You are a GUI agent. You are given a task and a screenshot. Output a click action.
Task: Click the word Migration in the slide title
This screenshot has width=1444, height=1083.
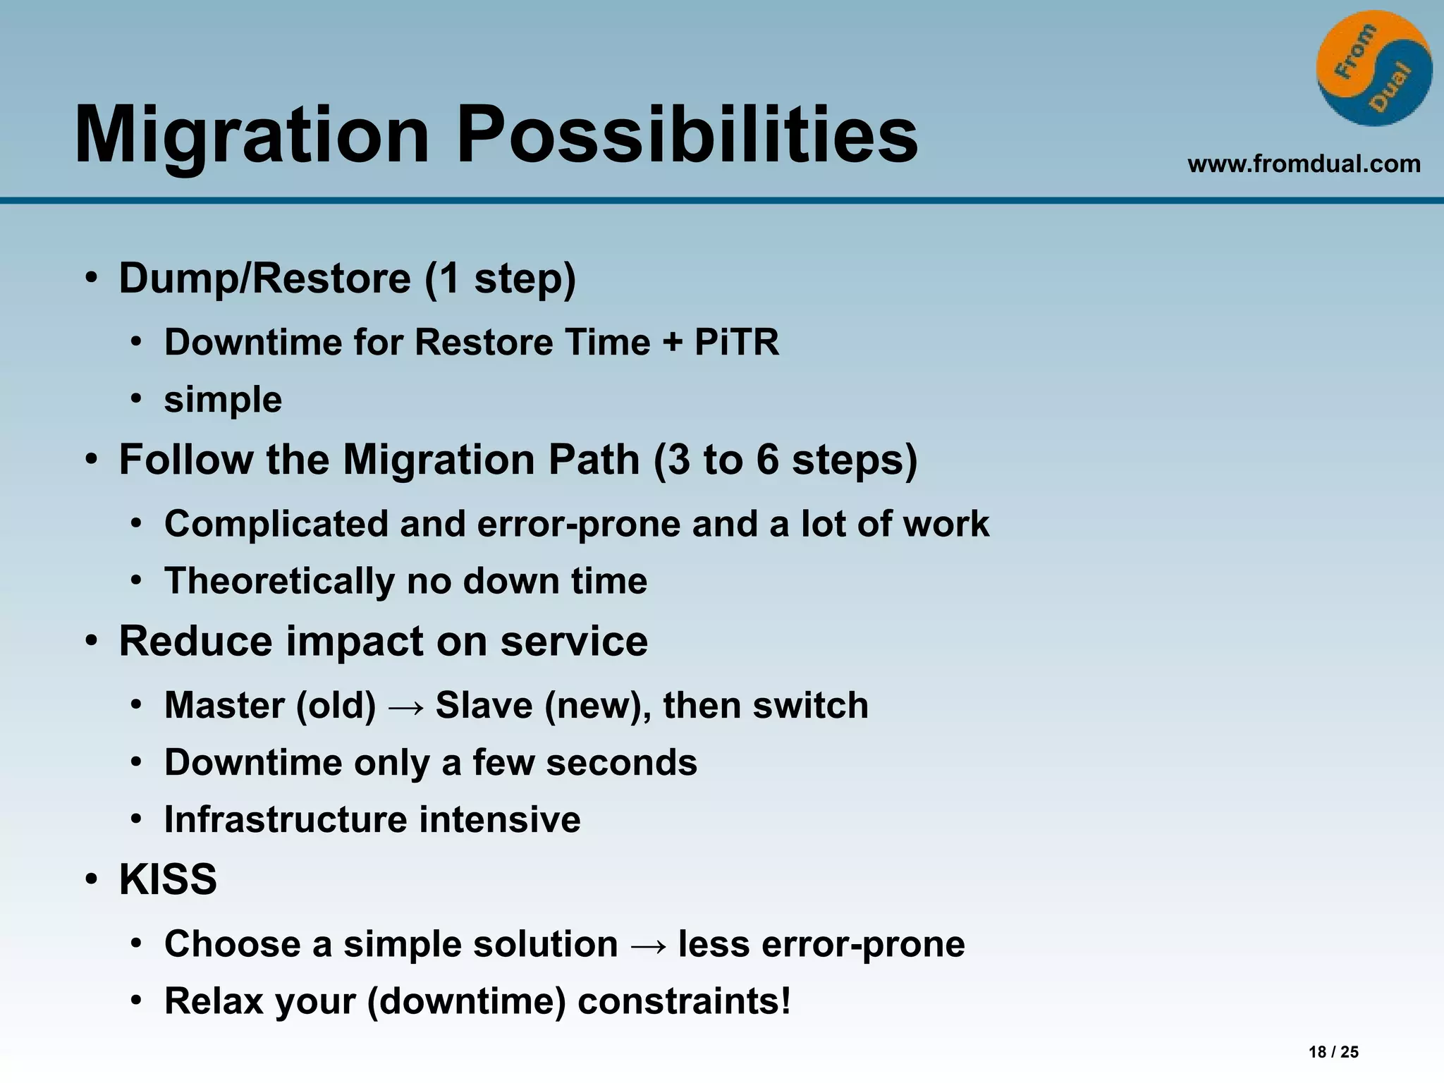[x=252, y=135]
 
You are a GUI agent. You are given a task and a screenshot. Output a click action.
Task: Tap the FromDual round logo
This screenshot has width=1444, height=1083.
[x=1373, y=69]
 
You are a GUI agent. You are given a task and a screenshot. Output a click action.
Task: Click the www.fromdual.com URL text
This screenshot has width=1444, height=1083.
[x=1304, y=164]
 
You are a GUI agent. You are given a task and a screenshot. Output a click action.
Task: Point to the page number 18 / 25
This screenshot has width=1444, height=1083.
[x=1333, y=1052]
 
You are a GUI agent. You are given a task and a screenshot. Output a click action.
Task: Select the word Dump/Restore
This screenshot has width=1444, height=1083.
[x=264, y=278]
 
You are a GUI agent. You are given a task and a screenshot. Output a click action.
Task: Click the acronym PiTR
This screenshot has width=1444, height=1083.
[x=737, y=342]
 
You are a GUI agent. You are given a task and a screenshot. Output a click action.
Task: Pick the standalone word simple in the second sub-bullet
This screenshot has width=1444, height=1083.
[x=223, y=400]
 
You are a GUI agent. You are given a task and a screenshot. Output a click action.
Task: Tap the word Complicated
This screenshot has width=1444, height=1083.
[x=276, y=524]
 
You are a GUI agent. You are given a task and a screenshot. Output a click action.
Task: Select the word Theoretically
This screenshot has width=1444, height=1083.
[x=279, y=581]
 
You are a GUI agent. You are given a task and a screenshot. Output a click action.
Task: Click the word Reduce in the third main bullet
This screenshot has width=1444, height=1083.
[x=195, y=641]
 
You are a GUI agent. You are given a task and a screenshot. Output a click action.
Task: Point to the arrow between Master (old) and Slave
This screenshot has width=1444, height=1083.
[x=406, y=706]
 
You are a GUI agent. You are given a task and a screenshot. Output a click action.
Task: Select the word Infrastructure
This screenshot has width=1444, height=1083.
[x=286, y=819]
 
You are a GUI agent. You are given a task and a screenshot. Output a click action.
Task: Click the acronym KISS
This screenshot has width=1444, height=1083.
[x=168, y=879]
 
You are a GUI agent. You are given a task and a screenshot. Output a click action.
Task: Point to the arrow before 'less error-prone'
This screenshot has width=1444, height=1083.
[x=648, y=946]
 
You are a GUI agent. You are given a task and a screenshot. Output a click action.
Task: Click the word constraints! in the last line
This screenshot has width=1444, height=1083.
[x=684, y=1001]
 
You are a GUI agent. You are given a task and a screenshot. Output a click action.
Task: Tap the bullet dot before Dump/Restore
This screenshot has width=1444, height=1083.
[x=91, y=279]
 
